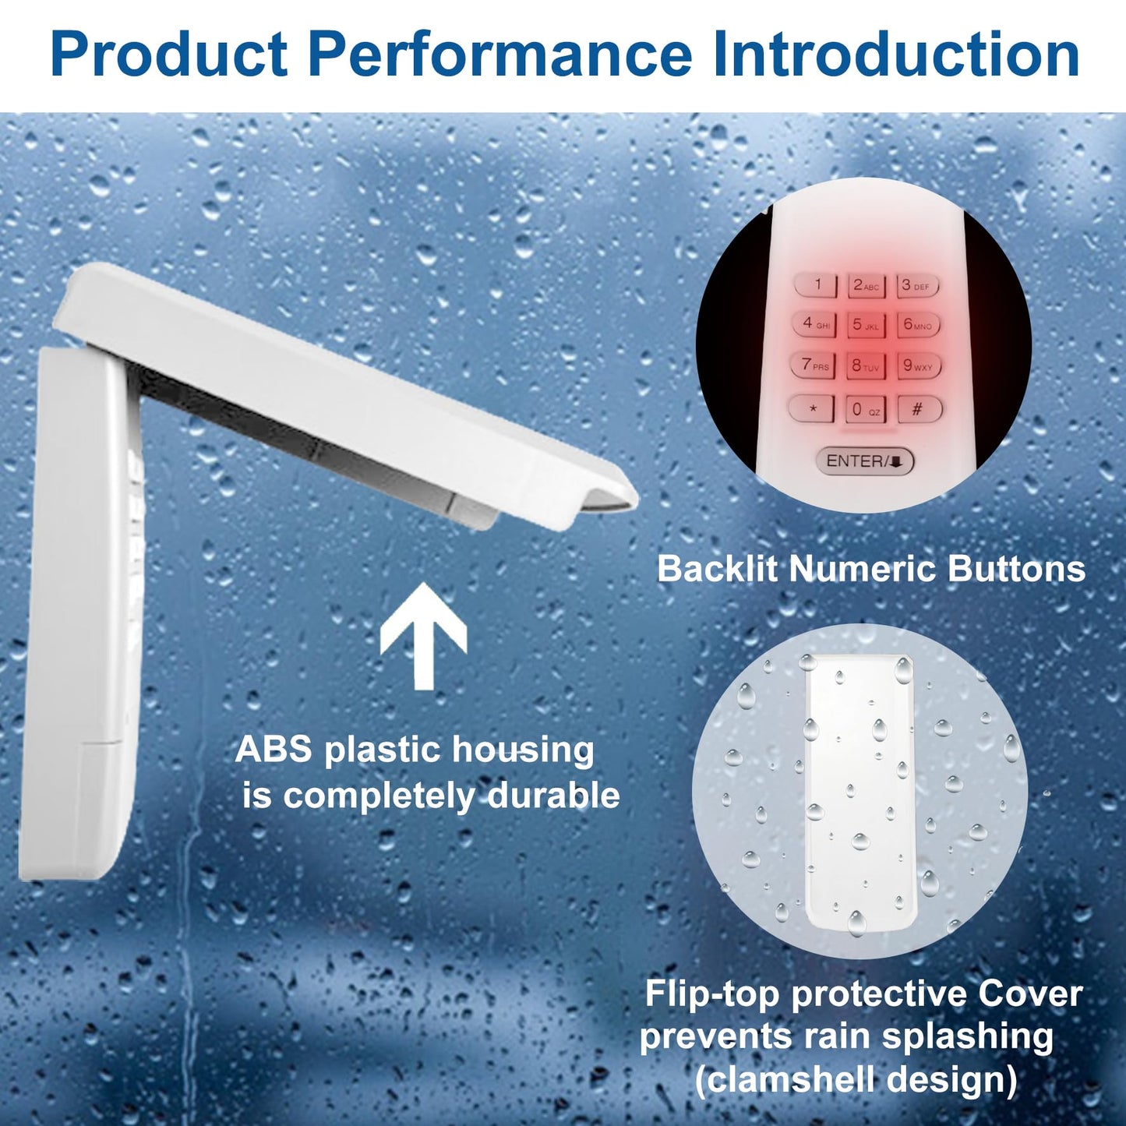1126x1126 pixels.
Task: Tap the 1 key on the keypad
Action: (x=816, y=285)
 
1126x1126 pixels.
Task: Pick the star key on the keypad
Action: (x=812, y=408)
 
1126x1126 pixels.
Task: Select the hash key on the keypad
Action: (x=920, y=408)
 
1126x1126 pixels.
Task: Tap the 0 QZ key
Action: (x=866, y=409)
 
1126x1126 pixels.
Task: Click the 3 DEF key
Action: (x=917, y=286)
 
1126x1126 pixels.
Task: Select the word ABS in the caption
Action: (x=274, y=751)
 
